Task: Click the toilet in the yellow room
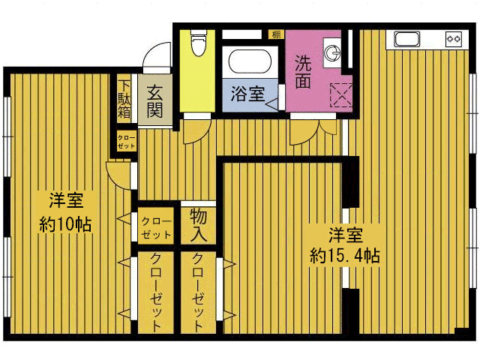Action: [197, 43]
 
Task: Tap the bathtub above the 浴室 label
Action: [250, 67]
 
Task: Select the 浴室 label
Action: [247, 94]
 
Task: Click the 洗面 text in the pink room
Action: [303, 72]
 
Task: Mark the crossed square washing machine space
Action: [341, 96]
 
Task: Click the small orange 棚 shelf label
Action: [276, 34]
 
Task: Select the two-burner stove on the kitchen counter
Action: [453, 38]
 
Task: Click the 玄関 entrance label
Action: [155, 101]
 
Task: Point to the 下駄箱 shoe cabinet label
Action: [123, 97]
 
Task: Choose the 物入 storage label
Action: [199, 225]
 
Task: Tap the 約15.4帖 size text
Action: [345, 255]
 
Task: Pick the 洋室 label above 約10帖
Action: [65, 201]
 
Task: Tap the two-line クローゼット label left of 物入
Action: [157, 228]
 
